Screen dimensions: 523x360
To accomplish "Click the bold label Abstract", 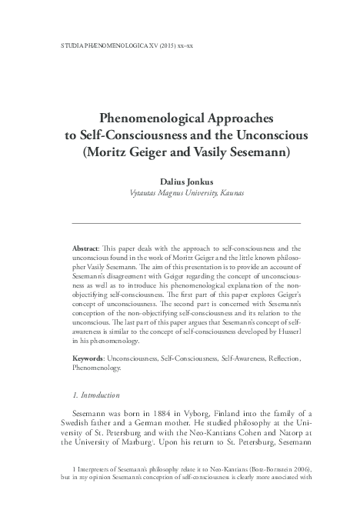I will [86, 250].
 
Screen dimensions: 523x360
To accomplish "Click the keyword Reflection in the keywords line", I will [282, 359].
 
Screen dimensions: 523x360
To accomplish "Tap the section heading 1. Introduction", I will [89, 397].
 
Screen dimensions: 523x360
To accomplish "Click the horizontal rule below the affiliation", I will [181, 222].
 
